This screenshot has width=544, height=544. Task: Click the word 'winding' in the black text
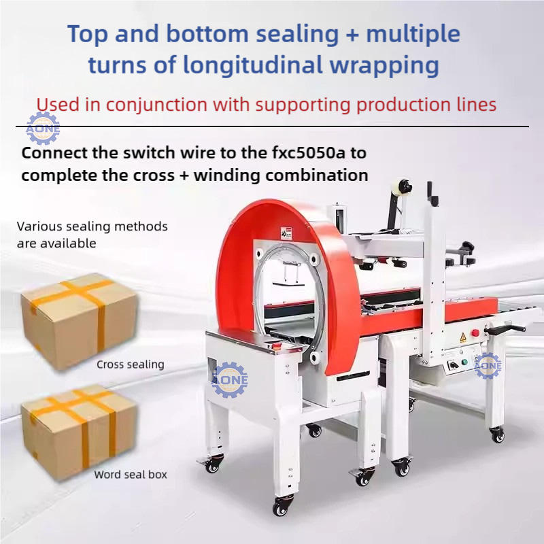(x=228, y=175)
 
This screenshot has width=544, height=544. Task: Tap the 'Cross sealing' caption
(x=131, y=364)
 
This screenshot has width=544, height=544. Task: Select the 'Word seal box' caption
(x=131, y=474)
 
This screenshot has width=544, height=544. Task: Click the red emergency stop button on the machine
(x=475, y=333)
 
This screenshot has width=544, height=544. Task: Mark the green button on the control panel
(x=466, y=362)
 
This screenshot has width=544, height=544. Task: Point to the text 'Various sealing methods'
(x=92, y=226)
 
